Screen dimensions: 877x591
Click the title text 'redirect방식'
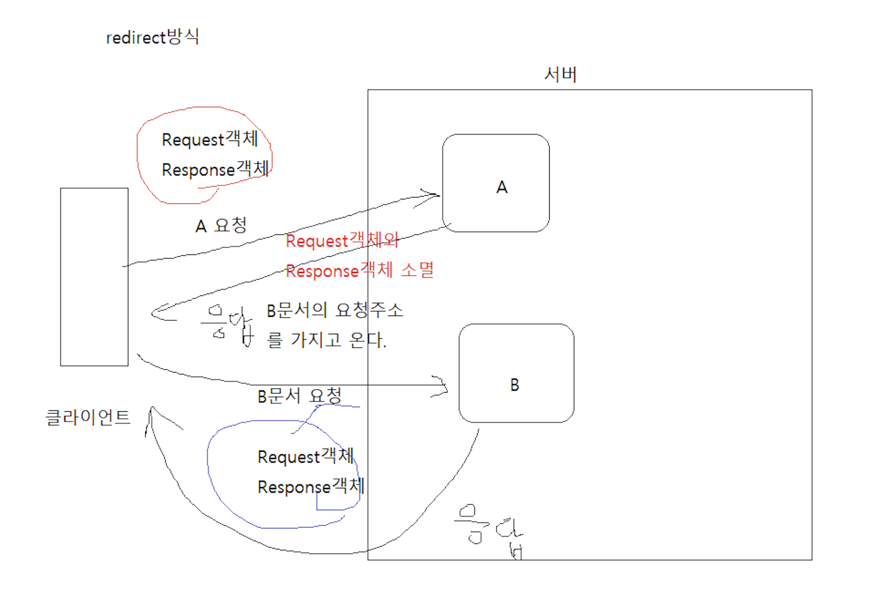coord(152,37)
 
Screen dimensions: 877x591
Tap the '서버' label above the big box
coord(560,74)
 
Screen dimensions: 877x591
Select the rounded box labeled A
coord(496,183)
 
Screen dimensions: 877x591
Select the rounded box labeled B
coord(516,373)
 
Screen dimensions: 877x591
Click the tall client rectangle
coord(94,276)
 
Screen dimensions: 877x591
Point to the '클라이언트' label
coord(88,417)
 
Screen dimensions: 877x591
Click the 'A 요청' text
coord(221,225)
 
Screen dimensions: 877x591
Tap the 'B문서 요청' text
coord(299,396)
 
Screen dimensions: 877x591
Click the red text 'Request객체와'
coord(342,240)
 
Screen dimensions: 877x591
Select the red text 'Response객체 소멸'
coord(360,270)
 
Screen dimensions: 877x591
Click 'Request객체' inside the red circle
coord(210,139)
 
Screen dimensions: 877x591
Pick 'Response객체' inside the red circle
coord(215,169)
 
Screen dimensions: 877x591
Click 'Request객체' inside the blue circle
coord(305,456)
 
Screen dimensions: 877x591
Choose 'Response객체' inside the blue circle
coord(311,486)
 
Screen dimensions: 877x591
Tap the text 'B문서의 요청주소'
coord(334,310)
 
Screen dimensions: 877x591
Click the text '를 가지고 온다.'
coord(326,340)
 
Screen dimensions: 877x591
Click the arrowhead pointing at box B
coord(442,386)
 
